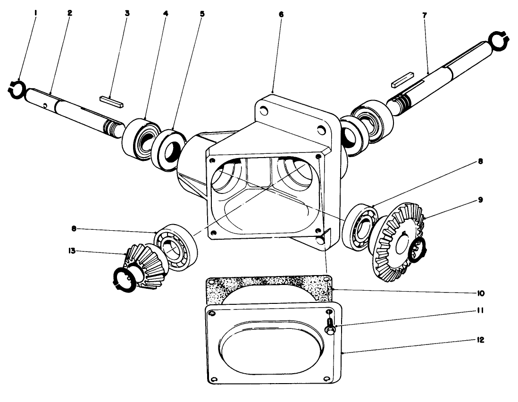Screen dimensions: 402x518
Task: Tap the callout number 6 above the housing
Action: pyautogui.click(x=281, y=14)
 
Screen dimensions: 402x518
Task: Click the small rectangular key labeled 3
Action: pyautogui.click(x=111, y=101)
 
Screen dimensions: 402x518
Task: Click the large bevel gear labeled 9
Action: pyautogui.click(x=399, y=243)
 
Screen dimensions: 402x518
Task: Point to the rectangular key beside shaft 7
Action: pyautogui.click(x=402, y=80)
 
